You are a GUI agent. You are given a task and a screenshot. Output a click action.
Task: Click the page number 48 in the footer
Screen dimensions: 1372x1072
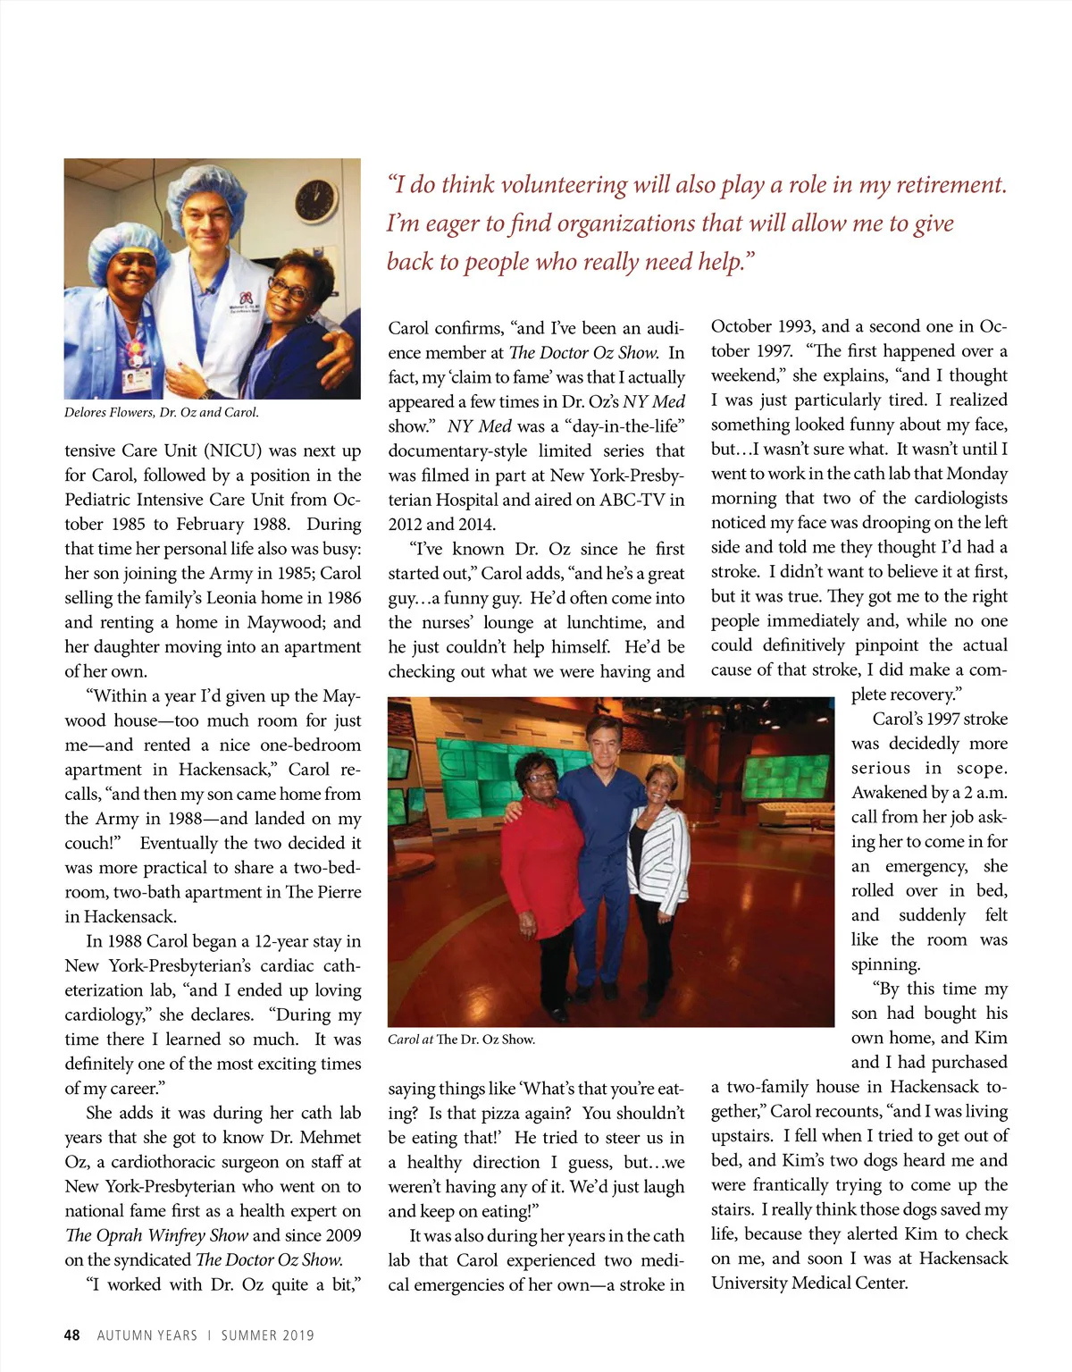click(x=72, y=1335)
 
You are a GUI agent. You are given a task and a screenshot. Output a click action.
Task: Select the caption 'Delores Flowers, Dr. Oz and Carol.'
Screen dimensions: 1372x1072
click(x=162, y=413)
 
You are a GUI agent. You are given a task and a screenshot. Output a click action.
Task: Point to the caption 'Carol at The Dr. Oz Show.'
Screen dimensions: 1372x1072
click(x=461, y=1040)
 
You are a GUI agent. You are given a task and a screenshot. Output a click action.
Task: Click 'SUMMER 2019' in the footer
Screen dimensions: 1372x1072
click(x=268, y=1335)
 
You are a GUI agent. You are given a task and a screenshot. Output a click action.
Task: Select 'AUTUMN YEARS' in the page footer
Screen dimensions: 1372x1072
click(x=147, y=1335)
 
